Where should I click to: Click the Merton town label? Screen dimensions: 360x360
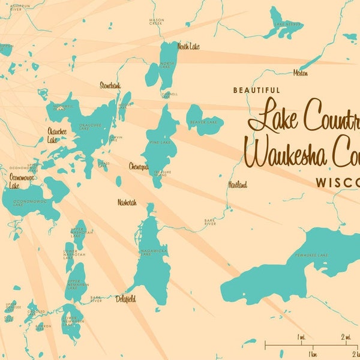301,73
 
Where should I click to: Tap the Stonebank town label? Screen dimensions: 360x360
111,85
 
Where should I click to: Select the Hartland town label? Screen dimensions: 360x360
237,185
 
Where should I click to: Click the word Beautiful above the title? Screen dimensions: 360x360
256,90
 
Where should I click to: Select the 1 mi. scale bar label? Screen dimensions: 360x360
301,337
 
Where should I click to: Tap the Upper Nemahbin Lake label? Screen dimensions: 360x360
73,285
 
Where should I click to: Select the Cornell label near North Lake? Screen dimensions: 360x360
169,94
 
